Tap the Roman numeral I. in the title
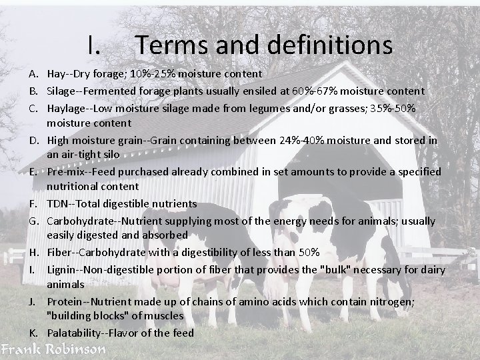pyautogui.click(x=94, y=45)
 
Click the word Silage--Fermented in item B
pyautogui.click(x=93, y=91)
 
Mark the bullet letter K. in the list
pyautogui.click(x=33, y=333)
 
